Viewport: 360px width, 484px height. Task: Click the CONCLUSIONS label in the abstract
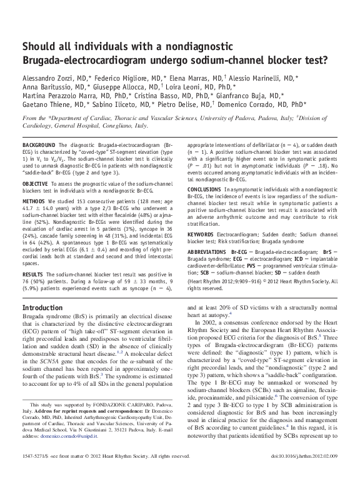pos(206,188)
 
